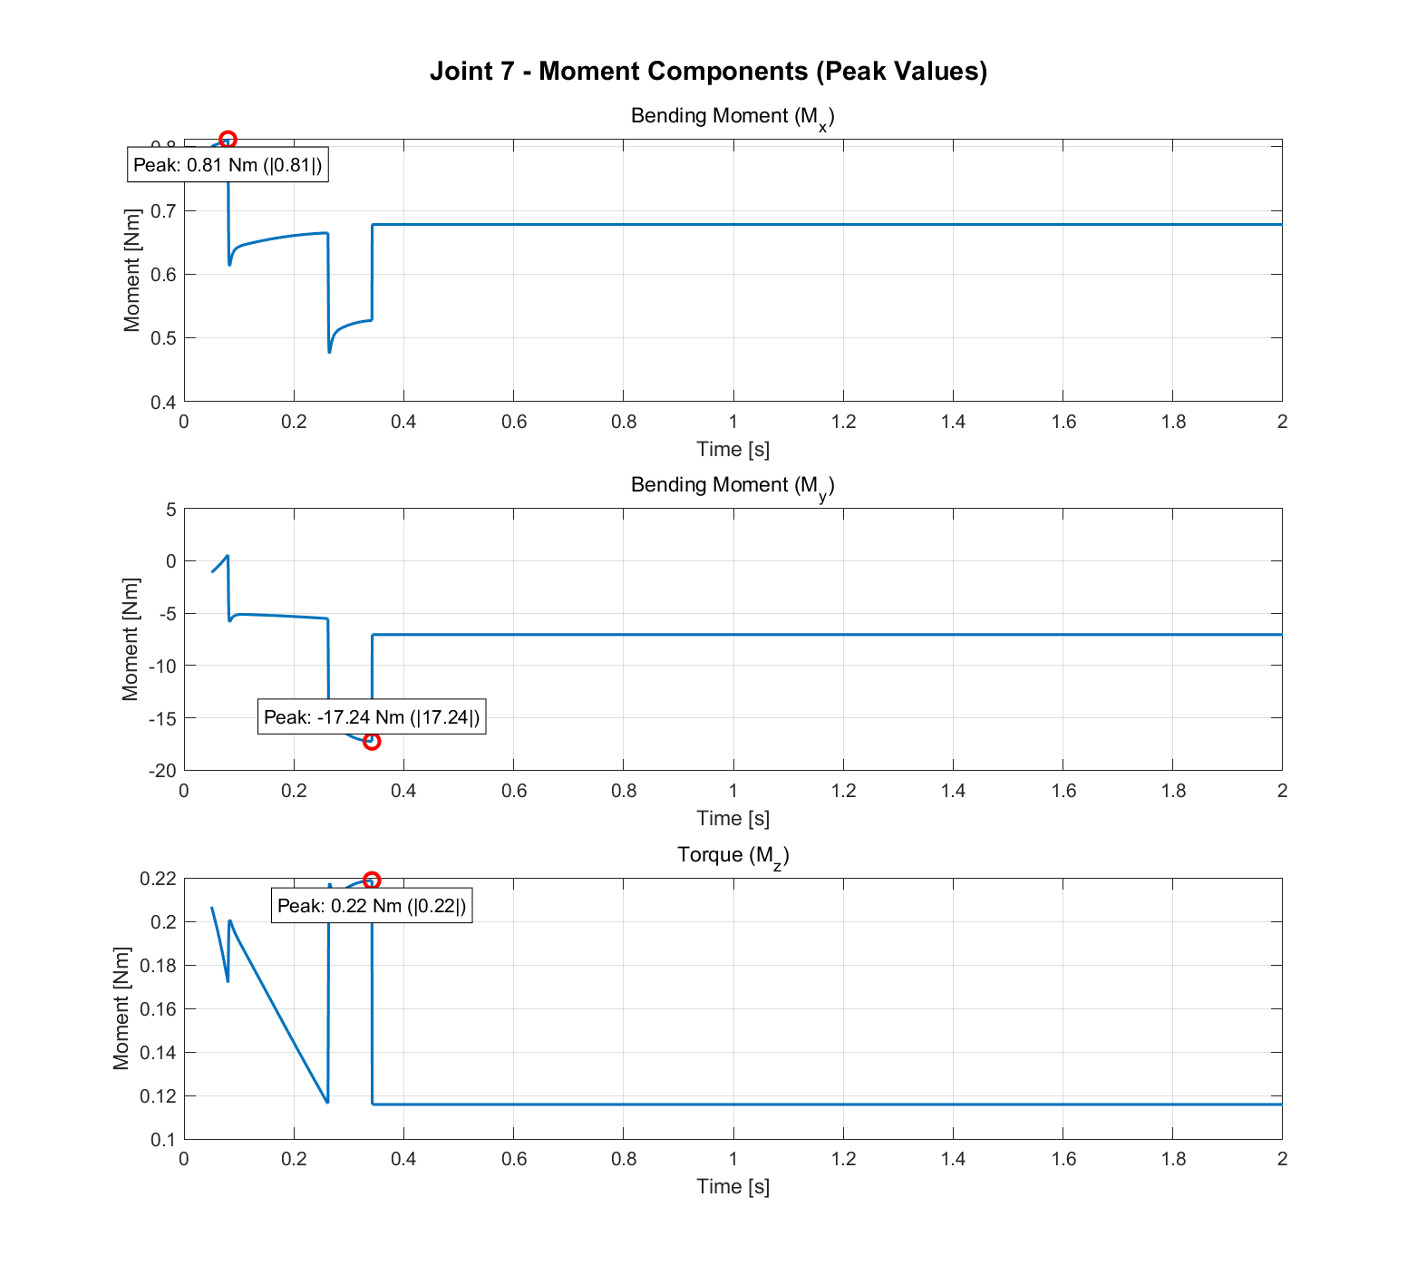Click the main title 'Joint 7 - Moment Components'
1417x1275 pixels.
(x=708, y=71)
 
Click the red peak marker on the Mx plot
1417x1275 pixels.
(x=228, y=140)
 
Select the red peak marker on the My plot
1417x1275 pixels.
(x=371, y=741)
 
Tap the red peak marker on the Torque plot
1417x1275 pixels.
(x=371, y=881)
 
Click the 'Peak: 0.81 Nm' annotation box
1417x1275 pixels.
(x=228, y=165)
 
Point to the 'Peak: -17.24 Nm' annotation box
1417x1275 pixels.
(x=372, y=717)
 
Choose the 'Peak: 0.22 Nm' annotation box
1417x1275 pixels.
(x=372, y=906)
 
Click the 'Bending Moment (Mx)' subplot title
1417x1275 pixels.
(x=732, y=117)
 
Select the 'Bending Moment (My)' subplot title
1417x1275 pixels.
(x=732, y=486)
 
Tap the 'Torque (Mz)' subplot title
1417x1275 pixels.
(x=733, y=855)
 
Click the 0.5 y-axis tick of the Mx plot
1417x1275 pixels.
(x=163, y=338)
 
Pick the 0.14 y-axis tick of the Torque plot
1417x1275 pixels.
(x=158, y=1053)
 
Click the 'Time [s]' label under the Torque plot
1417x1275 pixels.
(x=733, y=1186)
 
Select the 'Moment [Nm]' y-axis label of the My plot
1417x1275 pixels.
(x=131, y=639)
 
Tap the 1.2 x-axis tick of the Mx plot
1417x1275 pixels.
(x=843, y=422)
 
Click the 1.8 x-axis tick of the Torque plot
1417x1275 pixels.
(x=1172, y=1159)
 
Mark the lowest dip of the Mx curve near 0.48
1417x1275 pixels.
(x=329, y=351)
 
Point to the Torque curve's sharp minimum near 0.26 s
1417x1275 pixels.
(x=327, y=1102)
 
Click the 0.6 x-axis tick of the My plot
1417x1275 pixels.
(x=513, y=791)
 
